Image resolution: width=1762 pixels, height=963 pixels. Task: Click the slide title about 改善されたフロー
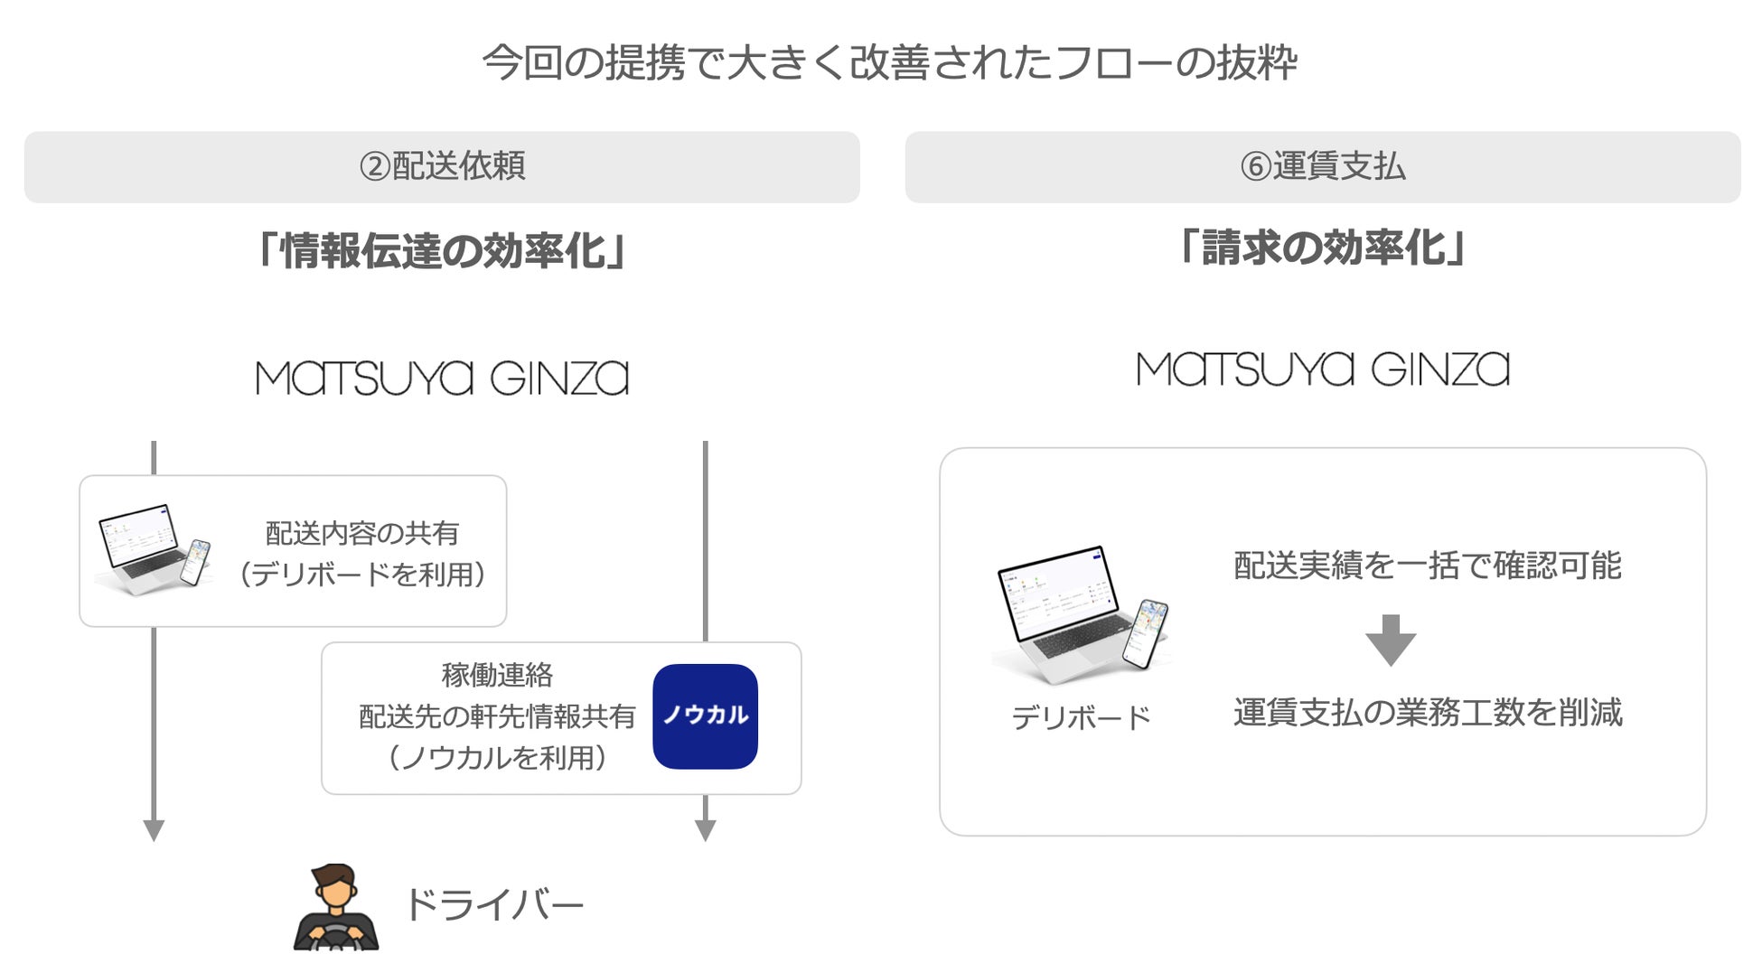tap(889, 63)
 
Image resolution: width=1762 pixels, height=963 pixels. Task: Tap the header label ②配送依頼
tap(442, 166)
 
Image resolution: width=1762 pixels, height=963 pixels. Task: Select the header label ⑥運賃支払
tap(1322, 166)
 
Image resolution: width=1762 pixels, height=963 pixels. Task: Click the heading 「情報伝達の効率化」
tap(442, 250)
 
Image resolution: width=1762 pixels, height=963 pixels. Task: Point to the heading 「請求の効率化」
tap(1322, 247)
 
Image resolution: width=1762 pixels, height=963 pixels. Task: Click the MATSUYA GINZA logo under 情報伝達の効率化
tap(442, 379)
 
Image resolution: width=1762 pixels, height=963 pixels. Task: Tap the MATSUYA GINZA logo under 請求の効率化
tap(1322, 369)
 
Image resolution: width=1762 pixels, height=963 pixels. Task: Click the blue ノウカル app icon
tap(705, 716)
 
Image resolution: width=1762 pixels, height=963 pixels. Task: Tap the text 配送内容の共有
tap(361, 533)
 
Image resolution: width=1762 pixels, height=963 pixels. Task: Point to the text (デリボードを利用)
tap(361, 574)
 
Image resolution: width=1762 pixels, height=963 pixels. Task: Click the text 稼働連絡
tap(496, 675)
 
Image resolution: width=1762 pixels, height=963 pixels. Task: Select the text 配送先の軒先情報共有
tap(496, 716)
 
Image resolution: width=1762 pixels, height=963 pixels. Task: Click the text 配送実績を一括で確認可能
tap(1427, 566)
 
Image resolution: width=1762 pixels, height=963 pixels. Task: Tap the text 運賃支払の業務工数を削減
tap(1427, 712)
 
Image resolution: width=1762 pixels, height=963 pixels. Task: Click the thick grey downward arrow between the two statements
tap(1391, 640)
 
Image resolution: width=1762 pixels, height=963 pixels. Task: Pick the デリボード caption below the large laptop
tap(1081, 718)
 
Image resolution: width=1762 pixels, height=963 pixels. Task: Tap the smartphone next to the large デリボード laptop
tap(1145, 633)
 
